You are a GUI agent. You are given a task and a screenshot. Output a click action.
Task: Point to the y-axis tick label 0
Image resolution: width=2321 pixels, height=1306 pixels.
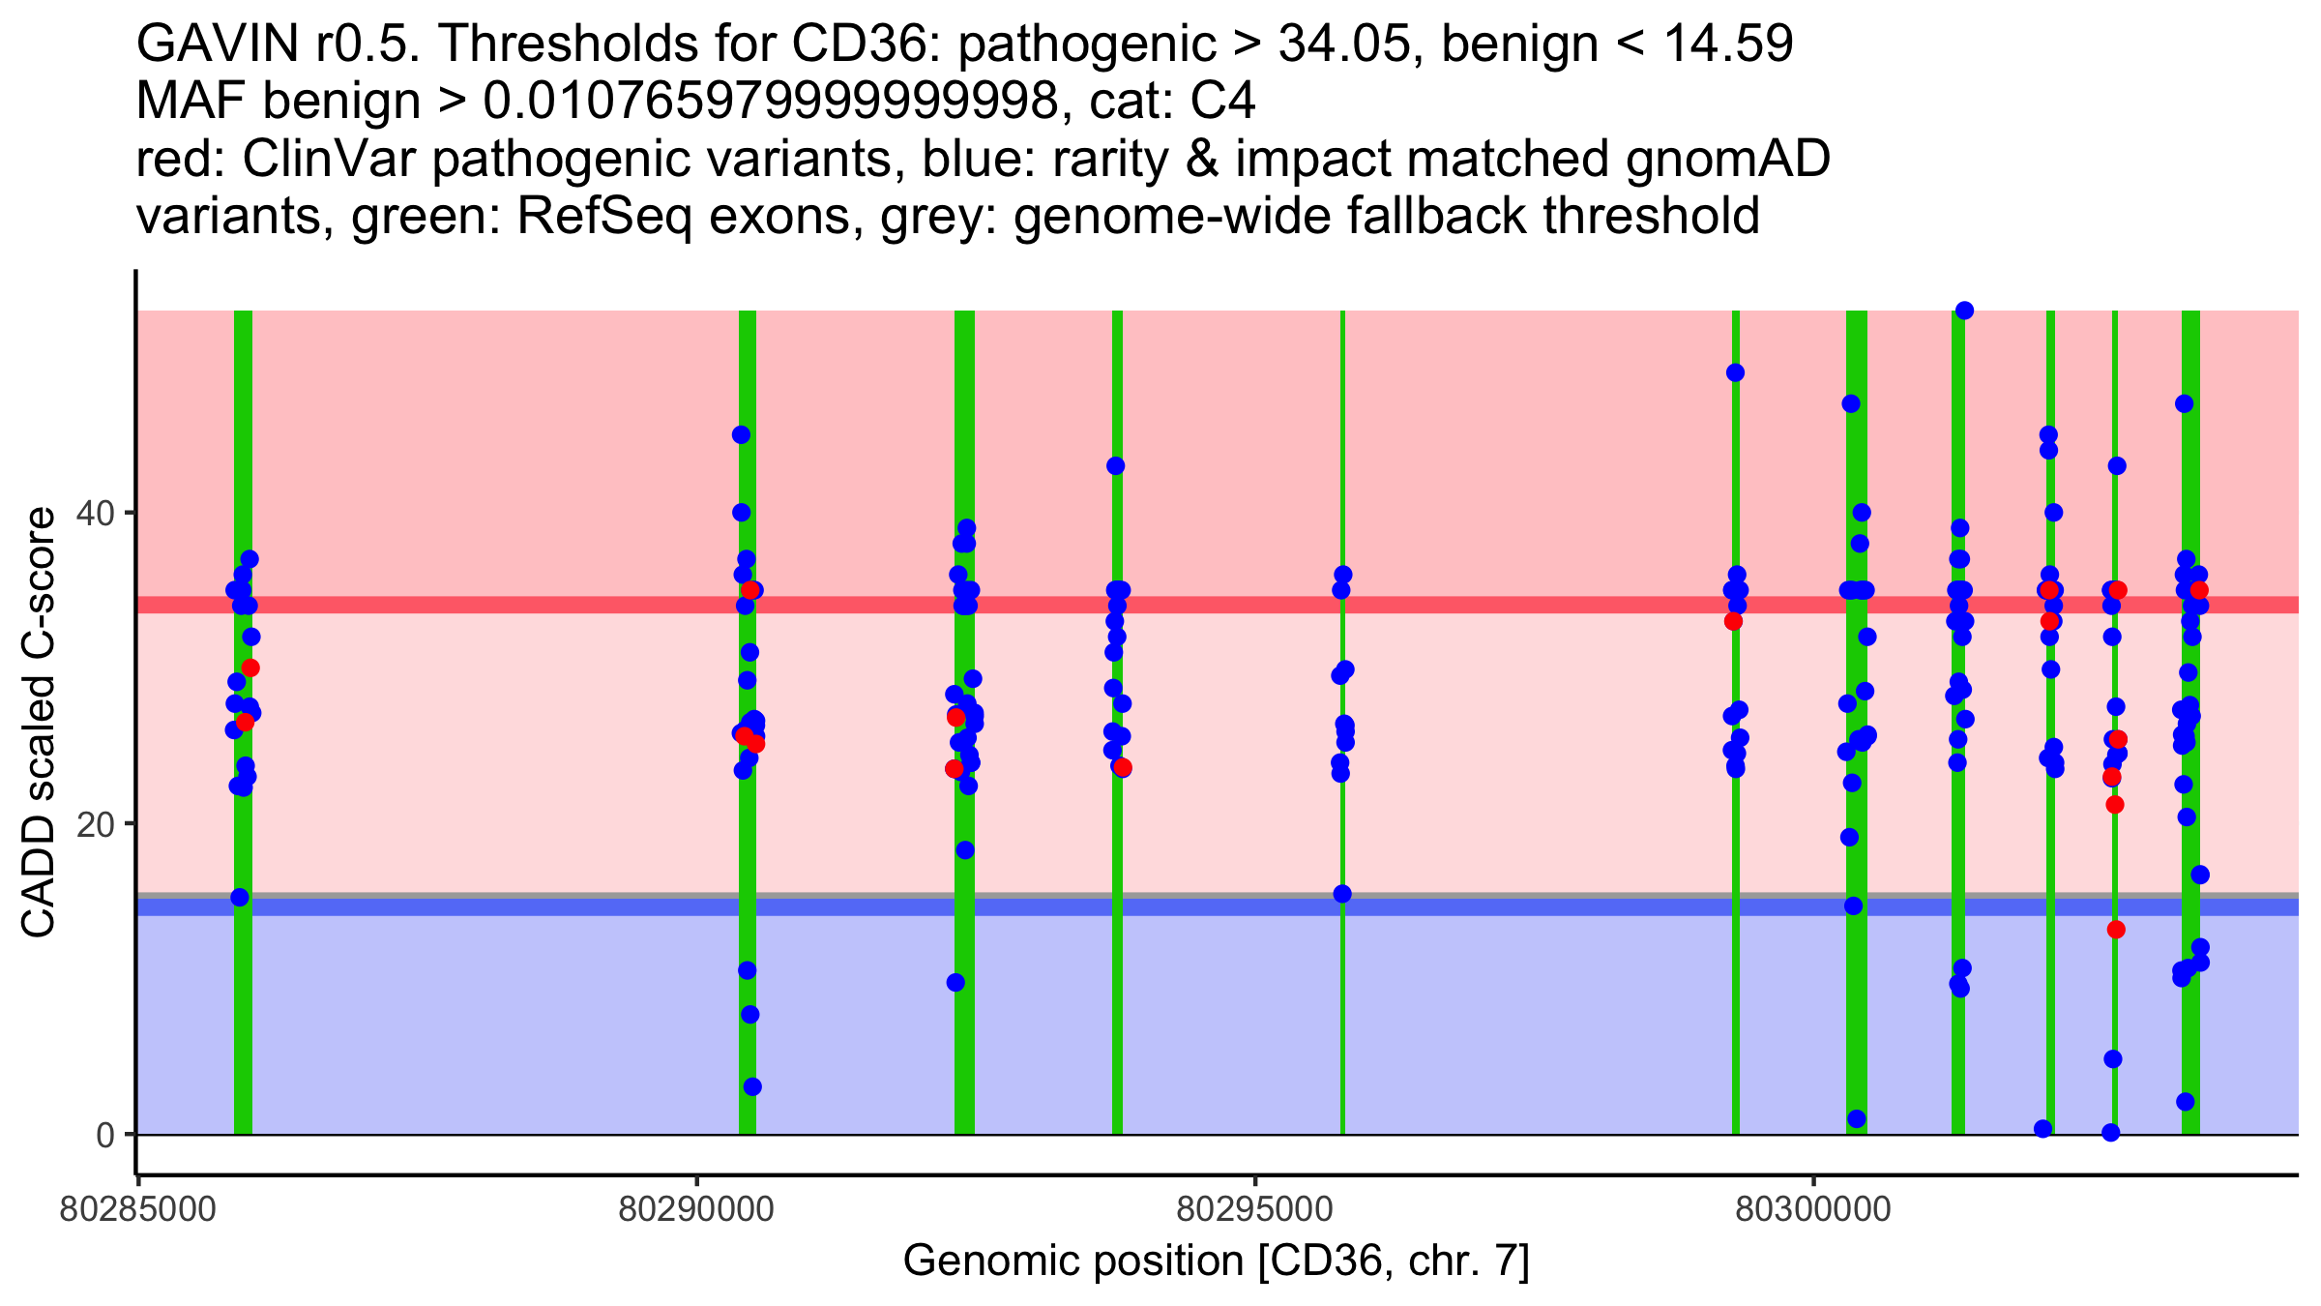coord(104,1135)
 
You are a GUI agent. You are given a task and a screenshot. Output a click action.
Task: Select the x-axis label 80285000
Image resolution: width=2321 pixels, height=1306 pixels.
coord(137,1210)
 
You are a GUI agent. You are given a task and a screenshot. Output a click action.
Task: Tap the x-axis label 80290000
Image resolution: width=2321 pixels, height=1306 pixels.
coord(696,1210)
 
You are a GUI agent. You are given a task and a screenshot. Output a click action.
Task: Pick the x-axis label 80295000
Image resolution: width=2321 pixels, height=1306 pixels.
coord(1255,1210)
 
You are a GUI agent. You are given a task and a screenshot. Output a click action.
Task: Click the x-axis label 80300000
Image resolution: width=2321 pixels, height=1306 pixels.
coord(1813,1210)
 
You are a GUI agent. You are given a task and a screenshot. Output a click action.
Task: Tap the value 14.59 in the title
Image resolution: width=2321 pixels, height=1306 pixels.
coord(1730,45)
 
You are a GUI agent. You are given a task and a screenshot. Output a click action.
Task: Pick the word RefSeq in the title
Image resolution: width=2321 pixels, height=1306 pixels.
coord(603,217)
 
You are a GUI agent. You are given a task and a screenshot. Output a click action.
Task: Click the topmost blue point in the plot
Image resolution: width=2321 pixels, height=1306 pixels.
coord(1964,311)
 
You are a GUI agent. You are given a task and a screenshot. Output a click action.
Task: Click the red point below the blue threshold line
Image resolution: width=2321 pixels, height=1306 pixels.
coord(2116,930)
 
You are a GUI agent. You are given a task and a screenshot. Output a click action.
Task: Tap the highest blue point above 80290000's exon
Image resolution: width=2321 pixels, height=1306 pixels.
coord(741,435)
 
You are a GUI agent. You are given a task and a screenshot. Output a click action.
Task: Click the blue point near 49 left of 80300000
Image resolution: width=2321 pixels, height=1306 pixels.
coord(1736,372)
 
